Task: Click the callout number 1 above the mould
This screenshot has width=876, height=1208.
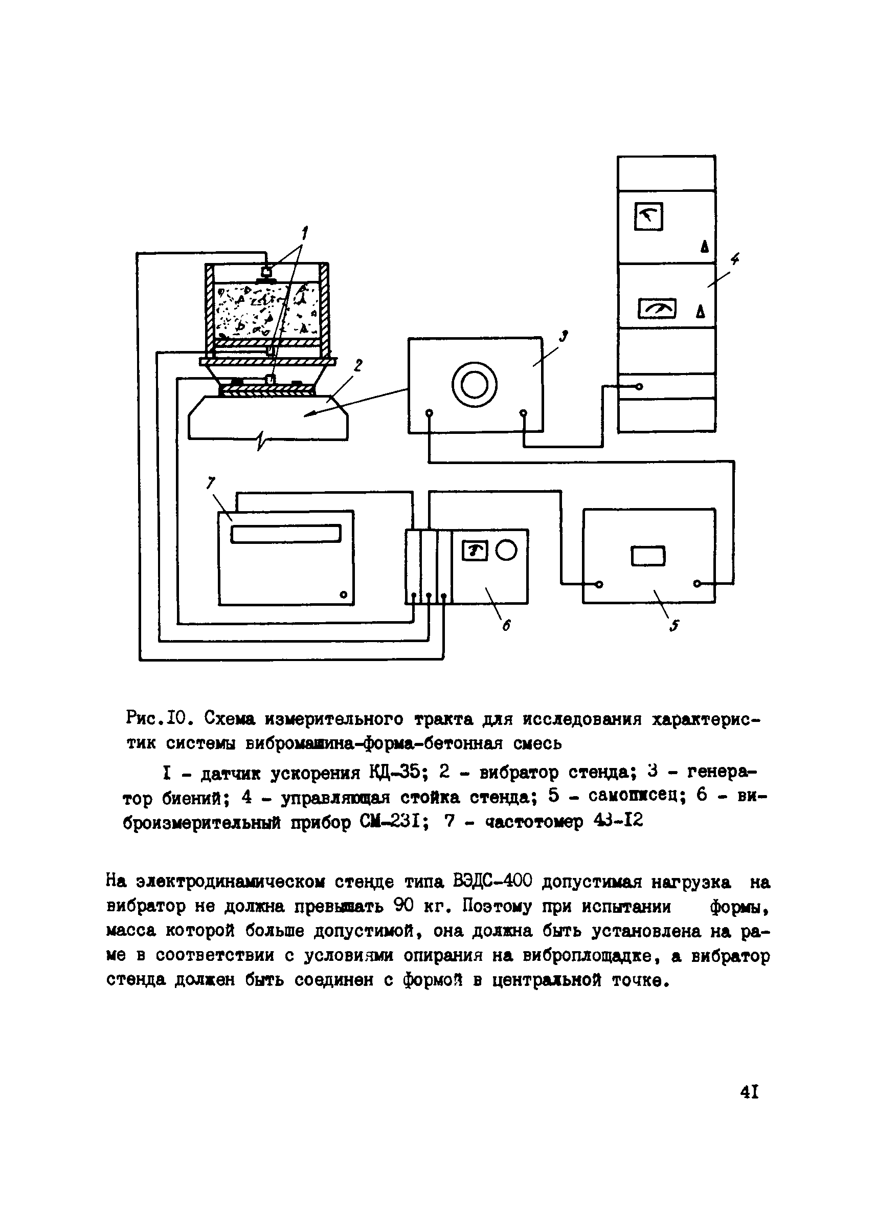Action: point(305,233)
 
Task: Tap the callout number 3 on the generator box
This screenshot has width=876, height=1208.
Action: point(564,336)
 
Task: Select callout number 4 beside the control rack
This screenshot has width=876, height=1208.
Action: point(735,260)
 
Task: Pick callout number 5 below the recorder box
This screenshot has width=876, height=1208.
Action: point(675,626)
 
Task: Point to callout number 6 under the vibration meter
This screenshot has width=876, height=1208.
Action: point(506,626)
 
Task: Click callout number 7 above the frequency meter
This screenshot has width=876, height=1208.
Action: point(211,483)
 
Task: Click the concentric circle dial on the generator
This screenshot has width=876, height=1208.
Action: point(474,385)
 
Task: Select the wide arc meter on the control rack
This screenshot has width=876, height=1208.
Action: point(657,309)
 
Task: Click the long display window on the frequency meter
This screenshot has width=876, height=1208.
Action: point(286,534)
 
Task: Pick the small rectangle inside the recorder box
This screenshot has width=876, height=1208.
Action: point(648,557)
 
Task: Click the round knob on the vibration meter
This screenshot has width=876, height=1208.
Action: point(506,550)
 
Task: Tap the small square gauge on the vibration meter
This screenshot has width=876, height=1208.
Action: point(476,551)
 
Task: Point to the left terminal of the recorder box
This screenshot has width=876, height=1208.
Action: point(600,584)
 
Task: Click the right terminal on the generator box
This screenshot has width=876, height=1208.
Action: point(523,413)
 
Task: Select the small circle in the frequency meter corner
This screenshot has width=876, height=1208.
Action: point(343,595)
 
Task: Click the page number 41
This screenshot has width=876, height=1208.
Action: point(749,1092)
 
